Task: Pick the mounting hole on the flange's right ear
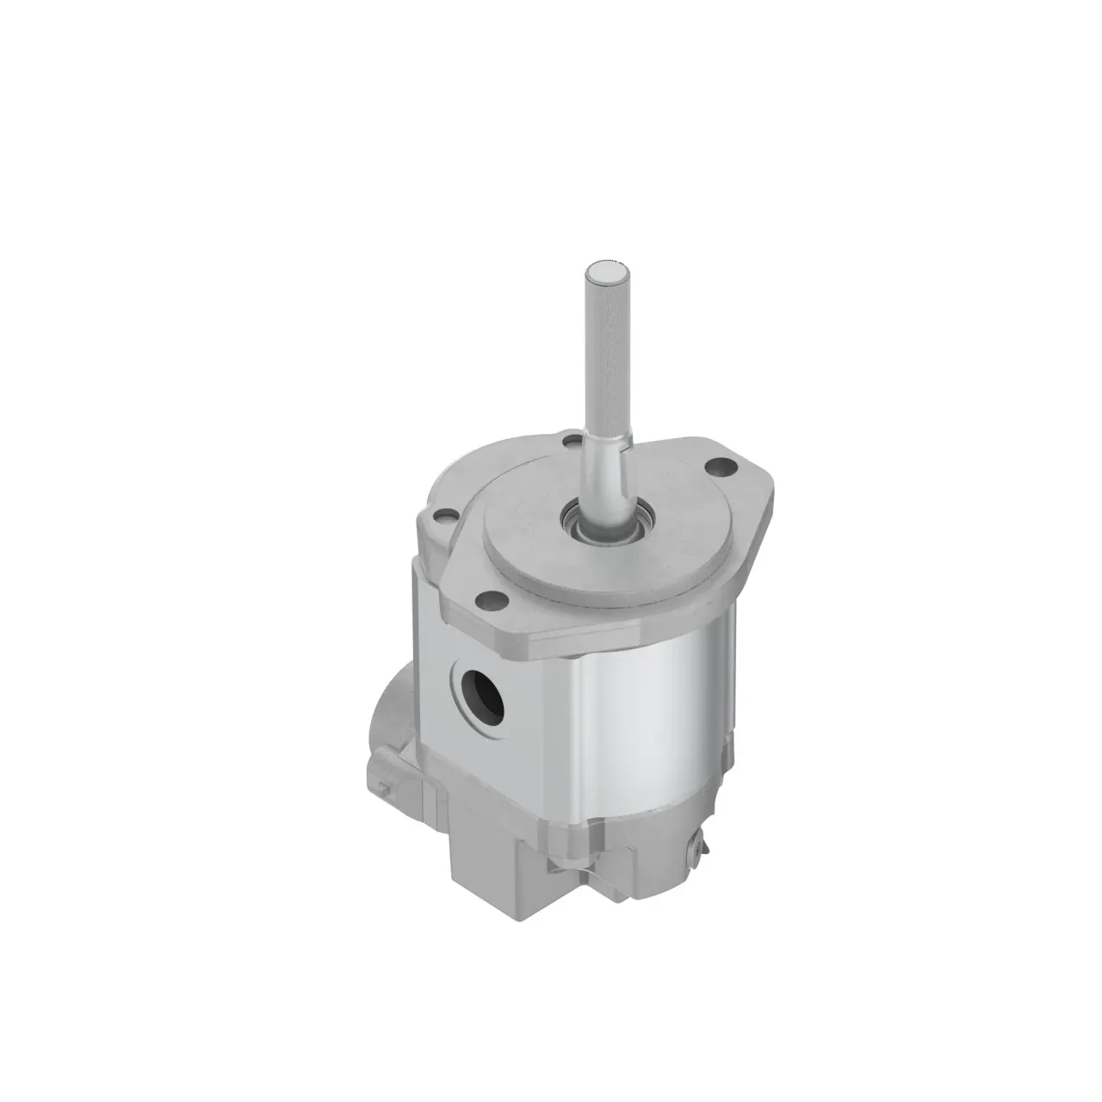click(x=716, y=468)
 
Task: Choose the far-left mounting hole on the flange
click(x=443, y=518)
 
